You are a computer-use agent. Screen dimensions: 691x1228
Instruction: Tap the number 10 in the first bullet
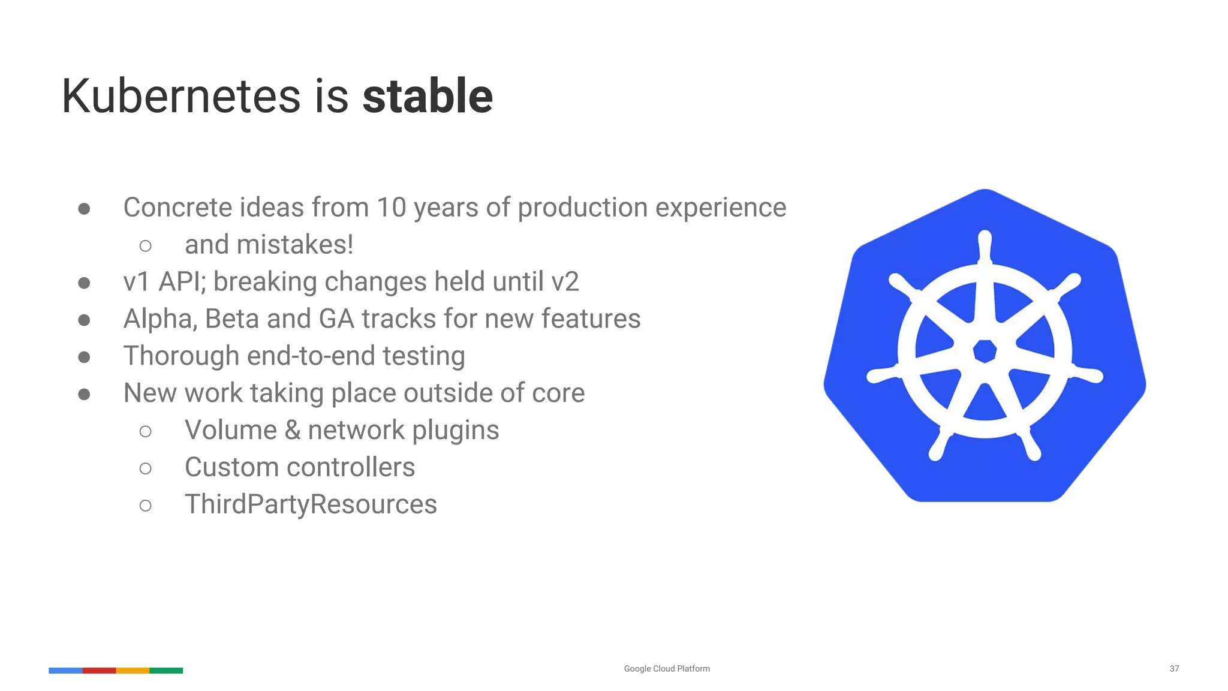(x=391, y=208)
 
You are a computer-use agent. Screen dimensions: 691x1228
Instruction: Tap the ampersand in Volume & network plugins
(x=293, y=431)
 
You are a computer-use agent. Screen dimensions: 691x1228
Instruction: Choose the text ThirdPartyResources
(x=311, y=504)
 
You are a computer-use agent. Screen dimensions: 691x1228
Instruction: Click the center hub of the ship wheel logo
(x=985, y=351)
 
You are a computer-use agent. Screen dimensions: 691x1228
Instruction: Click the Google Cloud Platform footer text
(x=667, y=669)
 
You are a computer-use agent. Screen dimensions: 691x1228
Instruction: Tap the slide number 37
(x=1174, y=669)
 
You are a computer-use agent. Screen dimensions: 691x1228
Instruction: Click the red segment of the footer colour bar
(x=99, y=671)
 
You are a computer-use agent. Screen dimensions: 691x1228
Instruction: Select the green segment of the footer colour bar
(x=166, y=671)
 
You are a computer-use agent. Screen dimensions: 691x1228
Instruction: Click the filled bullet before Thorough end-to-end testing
(x=85, y=357)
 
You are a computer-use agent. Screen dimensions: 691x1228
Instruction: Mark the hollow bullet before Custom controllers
(x=145, y=468)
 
